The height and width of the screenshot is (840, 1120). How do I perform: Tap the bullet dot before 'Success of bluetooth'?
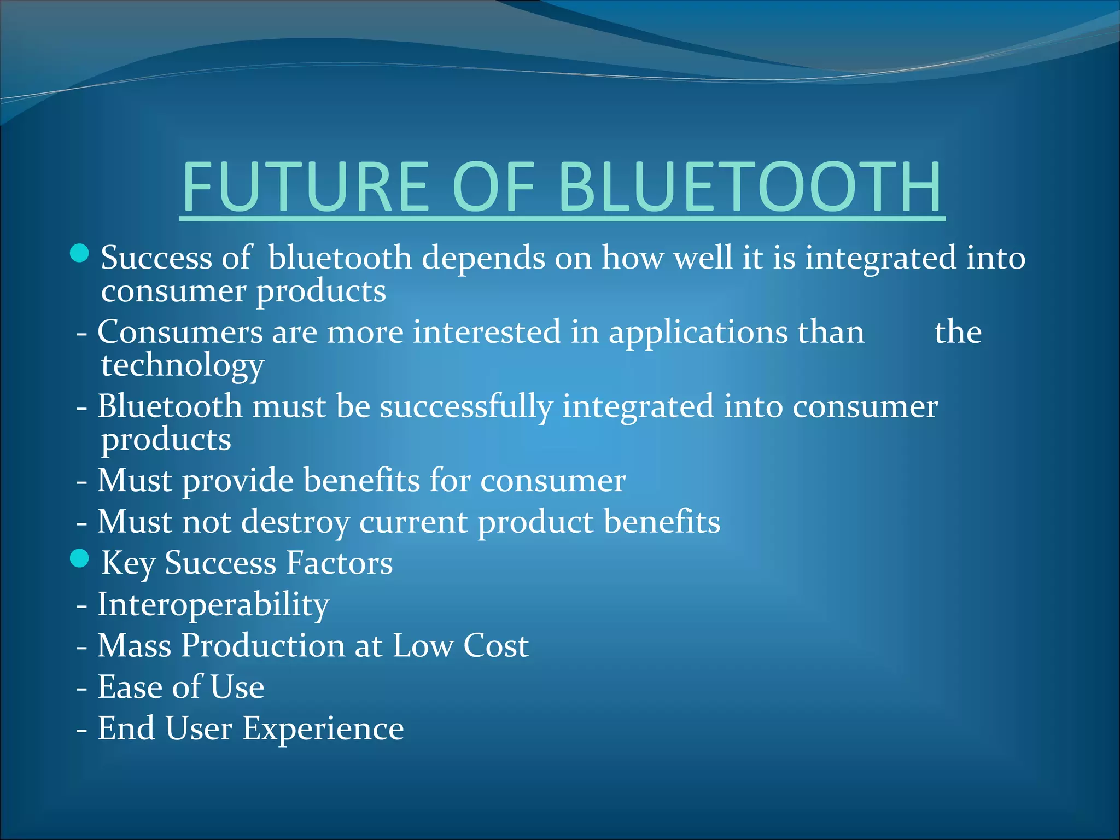(x=80, y=253)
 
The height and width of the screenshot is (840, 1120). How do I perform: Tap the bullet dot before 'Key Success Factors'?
(x=80, y=558)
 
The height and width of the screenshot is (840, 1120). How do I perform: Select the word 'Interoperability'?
(x=213, y=605)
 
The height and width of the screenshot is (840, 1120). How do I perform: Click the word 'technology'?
(x=183, y=365)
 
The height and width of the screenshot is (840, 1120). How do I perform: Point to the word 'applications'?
(x=698, y=332)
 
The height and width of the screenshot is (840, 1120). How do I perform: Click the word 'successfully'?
(x=466, y=407)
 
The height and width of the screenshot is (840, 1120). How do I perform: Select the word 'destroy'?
(x=295, y=522)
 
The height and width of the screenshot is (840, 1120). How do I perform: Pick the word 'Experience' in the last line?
(x=323, y=728)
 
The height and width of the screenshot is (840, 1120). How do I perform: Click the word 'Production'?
(x=262, y=646)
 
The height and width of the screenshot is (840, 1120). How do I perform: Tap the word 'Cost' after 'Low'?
(x=495, y=646)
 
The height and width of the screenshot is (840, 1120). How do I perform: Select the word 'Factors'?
(x=339, y=563)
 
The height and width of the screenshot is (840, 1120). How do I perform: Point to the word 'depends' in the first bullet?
(x=483, y=258)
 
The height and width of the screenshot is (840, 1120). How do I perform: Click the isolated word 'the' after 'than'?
(x=958, y=332)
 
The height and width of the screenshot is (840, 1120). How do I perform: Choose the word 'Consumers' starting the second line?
(x=180, y=332)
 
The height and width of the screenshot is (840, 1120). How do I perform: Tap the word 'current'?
(x=413, y=522)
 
